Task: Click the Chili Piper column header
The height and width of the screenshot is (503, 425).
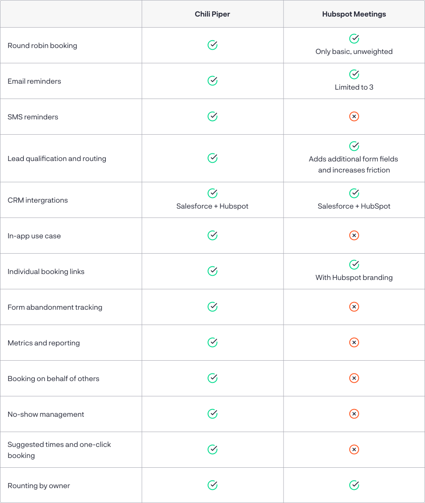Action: tap(212, 14)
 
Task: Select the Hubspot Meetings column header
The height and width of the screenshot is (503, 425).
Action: tap(354, 14)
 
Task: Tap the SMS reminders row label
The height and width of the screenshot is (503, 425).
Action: tap(33, 117)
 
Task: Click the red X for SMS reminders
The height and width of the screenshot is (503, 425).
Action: tap(354, 116)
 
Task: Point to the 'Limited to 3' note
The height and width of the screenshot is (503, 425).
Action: tap(354, 88)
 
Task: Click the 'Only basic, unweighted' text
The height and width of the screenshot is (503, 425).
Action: tap(354, 52)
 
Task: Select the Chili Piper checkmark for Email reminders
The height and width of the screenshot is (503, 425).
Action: tap(212, 81)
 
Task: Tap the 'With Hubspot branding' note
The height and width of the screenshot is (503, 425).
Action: tap(354, 278)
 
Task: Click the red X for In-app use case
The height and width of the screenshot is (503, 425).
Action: tap(354, 235)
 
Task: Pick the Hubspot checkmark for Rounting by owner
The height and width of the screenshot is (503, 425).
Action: tap(354, 485)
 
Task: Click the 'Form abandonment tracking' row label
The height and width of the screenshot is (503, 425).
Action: tap(55, 307)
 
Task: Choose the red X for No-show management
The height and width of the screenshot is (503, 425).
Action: tap(354, 414)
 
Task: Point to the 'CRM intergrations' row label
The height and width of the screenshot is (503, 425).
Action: tap(38, 200)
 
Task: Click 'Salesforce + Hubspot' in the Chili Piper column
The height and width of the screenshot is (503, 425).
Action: tap(212, 206)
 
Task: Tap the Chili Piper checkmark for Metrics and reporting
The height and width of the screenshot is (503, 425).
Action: tap(212, 342)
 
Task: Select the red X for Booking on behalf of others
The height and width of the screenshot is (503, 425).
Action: tap(354, 378)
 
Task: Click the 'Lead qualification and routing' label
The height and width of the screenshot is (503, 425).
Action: tap(57, 158)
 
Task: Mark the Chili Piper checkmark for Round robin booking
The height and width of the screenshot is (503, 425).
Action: tap(212, 45)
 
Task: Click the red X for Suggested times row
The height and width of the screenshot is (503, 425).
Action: tap(354, 449)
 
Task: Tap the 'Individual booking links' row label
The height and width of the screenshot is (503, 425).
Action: tap(46, 271)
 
